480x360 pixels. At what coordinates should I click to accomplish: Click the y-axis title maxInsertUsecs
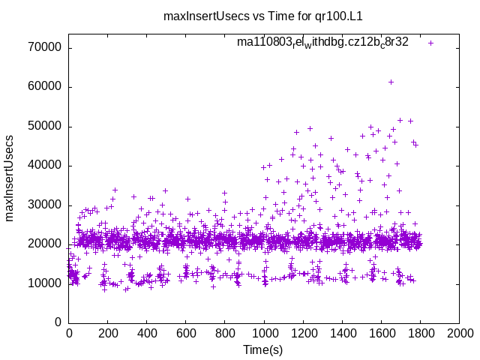[x=10, y=178]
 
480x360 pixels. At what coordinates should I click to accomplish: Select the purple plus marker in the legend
[x=430, y=43]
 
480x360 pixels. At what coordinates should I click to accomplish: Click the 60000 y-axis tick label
[x=47, y=87]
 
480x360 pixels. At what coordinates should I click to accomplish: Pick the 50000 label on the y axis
[x=47, y=126]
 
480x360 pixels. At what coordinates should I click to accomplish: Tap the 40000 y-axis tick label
[x=47, y=166]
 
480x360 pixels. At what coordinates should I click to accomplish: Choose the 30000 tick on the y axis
[x=47, y=205]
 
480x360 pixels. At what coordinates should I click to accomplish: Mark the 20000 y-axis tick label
[x=47, y=244]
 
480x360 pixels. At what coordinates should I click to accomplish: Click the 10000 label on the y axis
[x=47, y=283]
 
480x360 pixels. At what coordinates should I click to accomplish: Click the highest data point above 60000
[x=391, y=82]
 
